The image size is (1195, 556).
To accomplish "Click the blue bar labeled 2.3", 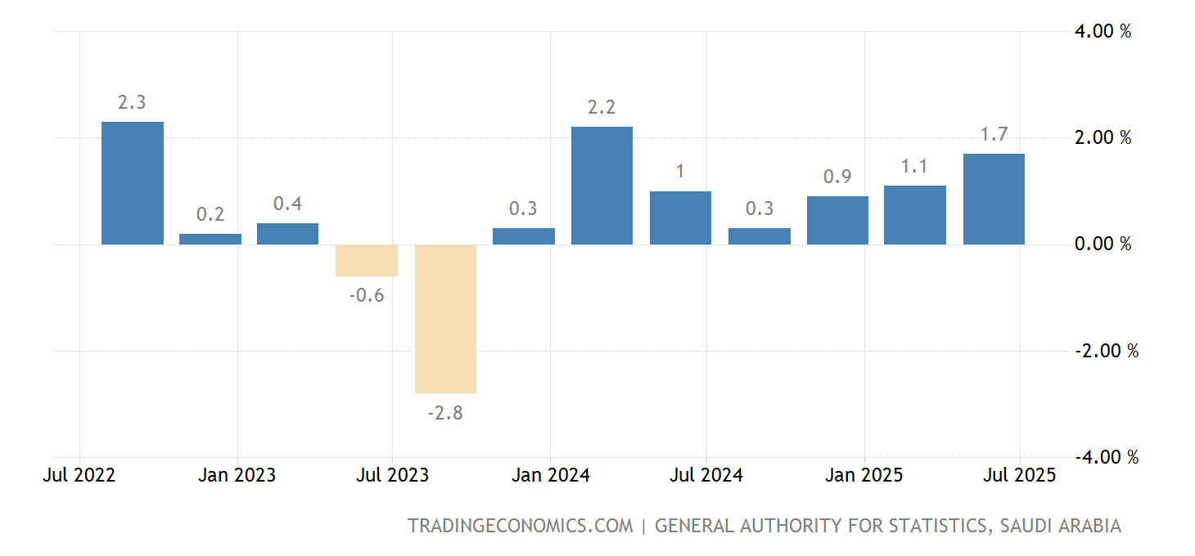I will pyautogui.click(x=133, y=183).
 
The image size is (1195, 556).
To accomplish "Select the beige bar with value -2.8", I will pyautogui.click(x=445, y=319).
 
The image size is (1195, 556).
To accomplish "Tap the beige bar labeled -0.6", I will pyautogui.click(x=367, y=261).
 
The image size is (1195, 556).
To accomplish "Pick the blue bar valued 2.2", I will pyautogui.click(x=602, y=186).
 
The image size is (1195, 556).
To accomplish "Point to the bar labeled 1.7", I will pyautogui.click(x=994, y=199).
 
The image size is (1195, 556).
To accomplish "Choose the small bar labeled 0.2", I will pyautogui.click(x=210, y=239).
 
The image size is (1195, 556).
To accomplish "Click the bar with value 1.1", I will pyautogui.click(x=915, y=215).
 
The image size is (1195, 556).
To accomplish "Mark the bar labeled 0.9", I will pyautogui.click(x=837, y=220).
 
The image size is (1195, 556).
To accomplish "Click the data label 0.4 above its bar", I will pyautogui.click(x=288, y=204).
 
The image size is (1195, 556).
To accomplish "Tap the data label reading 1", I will pyautogui.click(x=680, y=172).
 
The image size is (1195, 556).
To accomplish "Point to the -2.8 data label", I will pyautogui.click(x=445, y=413).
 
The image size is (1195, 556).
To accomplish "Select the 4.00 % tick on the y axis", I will pyautogui.click(x=1102, y=32).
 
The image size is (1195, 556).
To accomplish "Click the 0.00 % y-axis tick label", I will pyautogui.click(x=1102, y=244).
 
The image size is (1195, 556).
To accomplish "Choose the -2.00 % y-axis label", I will pyautogui.click(x=1105, y=351).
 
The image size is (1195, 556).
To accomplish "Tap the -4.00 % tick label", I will pyautogui.click(x=1105, y=457).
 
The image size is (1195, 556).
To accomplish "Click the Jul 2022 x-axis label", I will pyautogui.click(x=79, y=475).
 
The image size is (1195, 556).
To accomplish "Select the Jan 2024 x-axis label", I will pyautogui.click(x=550, y=475).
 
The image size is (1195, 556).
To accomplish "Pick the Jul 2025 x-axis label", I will pyautogui.click(x=1020, y=475).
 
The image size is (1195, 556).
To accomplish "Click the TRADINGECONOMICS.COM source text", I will pyautogui.click(x=521, y=526).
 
